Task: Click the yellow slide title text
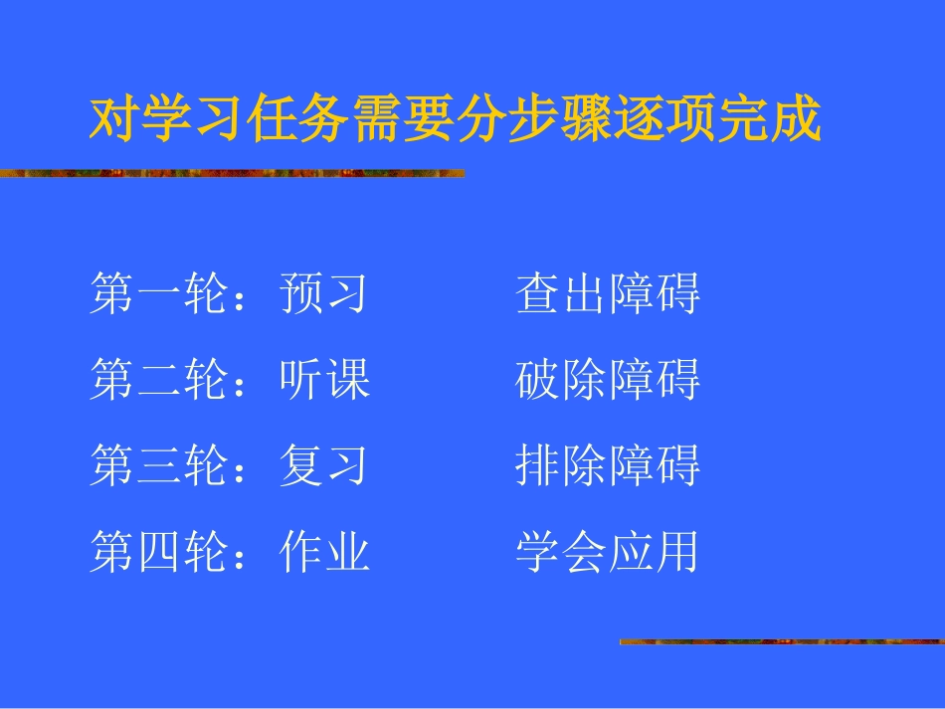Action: pos(456,120)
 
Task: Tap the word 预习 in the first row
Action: pos(324,294)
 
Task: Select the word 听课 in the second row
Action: pos(324,380)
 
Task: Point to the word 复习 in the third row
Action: pos(324,465)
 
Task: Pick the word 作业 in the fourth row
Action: pos(324,551)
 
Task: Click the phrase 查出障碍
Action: pos(608,294)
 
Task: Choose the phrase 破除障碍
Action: pos(608,380)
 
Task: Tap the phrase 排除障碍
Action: pos(608,465)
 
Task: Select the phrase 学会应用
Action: pos(608,551)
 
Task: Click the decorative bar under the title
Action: pos(232,173)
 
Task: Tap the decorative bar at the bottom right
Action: pos(781,642)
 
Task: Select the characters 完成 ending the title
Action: pos(775,120)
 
